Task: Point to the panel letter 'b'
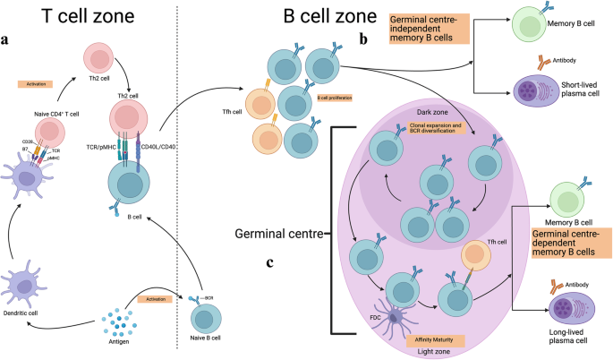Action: [362, 40]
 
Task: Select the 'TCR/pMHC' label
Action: [95, 144]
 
